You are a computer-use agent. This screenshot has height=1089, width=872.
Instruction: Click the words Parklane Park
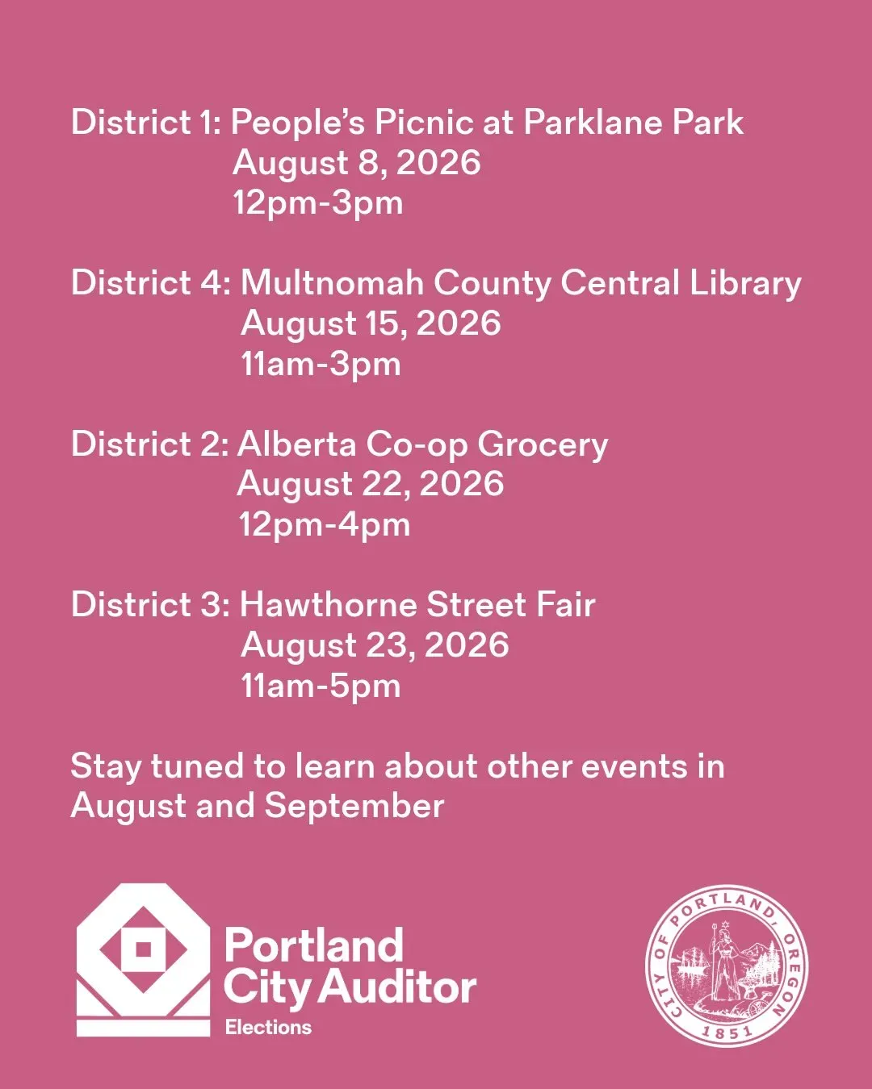point(633,123)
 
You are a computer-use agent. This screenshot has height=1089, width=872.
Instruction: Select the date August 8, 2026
point(356,164)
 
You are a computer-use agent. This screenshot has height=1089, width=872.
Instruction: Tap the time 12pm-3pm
point(317,204)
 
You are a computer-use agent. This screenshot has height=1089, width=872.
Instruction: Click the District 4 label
point(151,282)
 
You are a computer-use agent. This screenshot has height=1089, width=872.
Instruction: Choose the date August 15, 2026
point(371,324)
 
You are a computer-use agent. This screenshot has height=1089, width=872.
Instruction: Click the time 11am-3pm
point(321,365)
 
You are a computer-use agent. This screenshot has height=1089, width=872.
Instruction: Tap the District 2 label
point(150,444)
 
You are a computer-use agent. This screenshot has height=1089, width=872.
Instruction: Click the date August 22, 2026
point(370,485)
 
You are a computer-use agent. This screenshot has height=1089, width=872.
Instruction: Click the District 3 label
point(151,605)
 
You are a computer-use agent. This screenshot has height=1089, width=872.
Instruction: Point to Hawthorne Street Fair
point(417,605)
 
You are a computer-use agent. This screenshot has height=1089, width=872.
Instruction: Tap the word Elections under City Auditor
point(268,1027)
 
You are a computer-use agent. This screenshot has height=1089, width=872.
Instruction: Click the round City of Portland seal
point(727,966)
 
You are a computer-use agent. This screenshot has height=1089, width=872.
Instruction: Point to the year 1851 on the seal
point(727,1031)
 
